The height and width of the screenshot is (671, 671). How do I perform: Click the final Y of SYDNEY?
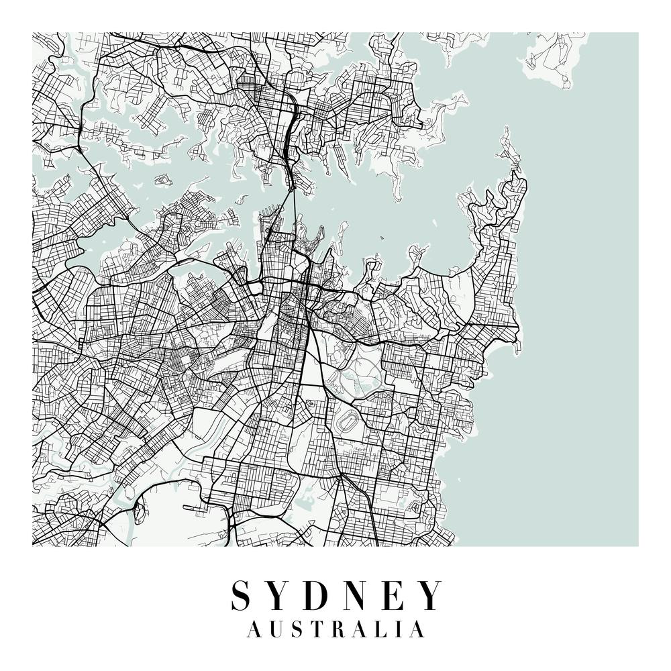[430, 595]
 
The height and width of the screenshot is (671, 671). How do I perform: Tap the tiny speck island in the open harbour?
[382, 237]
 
